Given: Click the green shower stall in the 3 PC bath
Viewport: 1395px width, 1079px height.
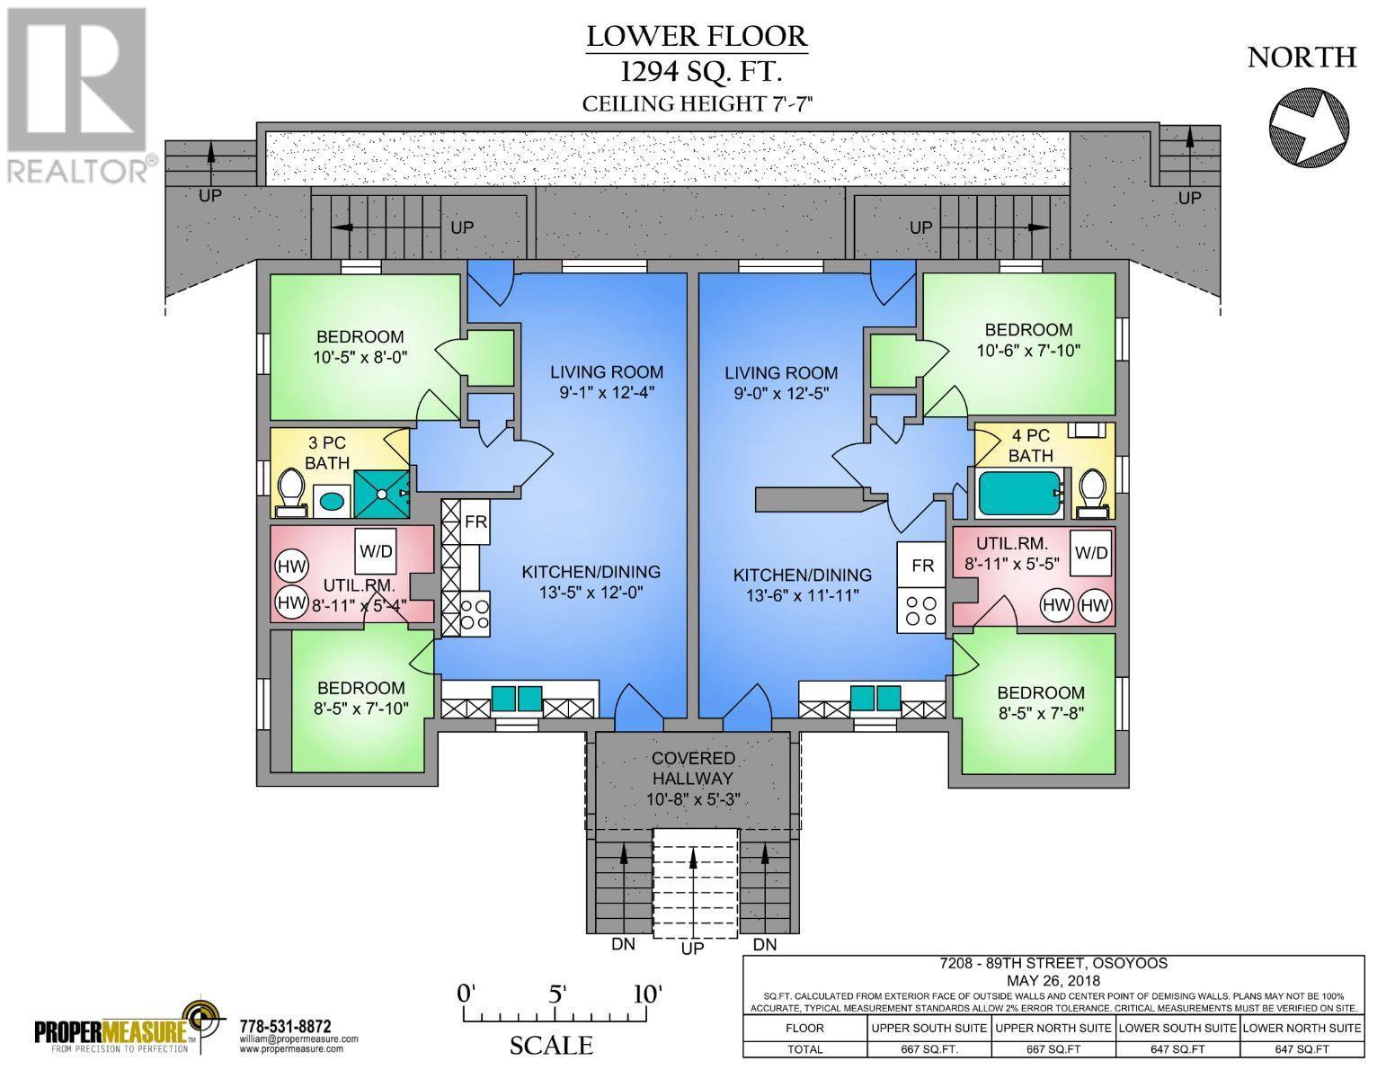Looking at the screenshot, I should [x=382, y=494].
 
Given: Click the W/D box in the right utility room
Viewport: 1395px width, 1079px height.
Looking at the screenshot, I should [x=1090, y=552].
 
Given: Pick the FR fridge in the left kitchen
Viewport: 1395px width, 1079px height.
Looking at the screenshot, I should [x=475, y=522].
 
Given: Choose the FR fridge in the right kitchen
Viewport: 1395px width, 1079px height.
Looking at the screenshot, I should [x=922, y=566].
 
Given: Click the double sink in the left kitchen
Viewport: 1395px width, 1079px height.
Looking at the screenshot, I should [x=517, y=699].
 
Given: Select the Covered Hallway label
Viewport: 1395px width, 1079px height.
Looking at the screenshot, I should [x=693, y=769].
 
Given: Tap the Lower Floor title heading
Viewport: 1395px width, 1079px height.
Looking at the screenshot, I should [x=697, y=36].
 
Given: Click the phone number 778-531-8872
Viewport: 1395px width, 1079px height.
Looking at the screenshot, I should [x=286, y=1026].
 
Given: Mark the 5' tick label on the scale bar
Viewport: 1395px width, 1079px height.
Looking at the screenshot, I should [x=556, y=994].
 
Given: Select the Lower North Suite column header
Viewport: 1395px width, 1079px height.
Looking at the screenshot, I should [x=1302, y=1028].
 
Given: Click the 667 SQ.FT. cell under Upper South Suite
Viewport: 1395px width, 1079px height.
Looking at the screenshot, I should [x=929, y=1049].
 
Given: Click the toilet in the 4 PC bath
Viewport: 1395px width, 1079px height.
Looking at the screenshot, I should [x=1093, y=493].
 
